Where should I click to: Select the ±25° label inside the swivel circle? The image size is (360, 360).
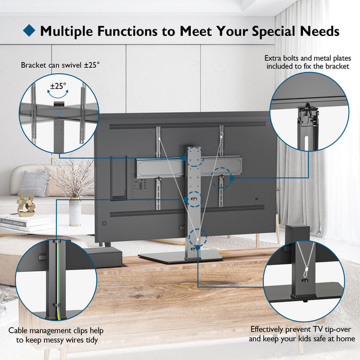pos(58,86)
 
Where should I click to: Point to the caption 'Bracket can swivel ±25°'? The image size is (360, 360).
pos(60,64)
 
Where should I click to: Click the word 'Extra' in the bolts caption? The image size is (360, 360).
pos(274,58)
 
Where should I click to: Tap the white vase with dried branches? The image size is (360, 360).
pos(74,211)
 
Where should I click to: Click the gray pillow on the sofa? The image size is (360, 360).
pos(34,184)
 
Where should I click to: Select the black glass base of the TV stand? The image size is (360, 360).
pos(180,256)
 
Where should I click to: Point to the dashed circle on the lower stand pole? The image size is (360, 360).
pos(193,238)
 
